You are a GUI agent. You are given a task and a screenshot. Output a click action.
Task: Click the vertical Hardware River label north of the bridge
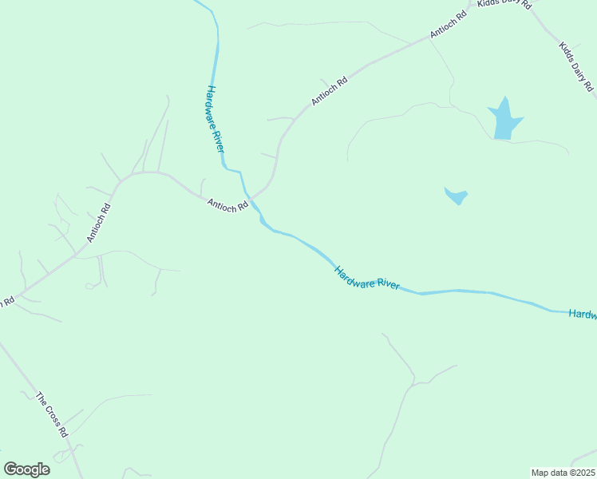tap(215, 120)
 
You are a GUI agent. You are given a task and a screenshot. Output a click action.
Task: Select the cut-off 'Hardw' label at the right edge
tap(583, 315)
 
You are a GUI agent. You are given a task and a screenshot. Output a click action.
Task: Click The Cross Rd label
tap(52, 414)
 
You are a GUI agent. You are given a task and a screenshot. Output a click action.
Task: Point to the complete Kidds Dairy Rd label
tap(577, 66)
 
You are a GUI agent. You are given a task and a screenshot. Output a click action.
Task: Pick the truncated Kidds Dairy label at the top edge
tap(505, 4)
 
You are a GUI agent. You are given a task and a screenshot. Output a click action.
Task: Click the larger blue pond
tap(504, 121)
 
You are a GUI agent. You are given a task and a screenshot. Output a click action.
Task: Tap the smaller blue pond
tap(456, 195)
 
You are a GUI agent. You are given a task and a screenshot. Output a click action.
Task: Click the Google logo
tap(26, 469)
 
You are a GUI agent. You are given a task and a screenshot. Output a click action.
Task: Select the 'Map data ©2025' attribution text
tap(563, 472)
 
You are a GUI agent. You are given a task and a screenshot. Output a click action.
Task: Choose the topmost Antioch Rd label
tap(448, 25)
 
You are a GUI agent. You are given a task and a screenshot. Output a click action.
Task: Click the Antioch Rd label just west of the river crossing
tap(227, 205)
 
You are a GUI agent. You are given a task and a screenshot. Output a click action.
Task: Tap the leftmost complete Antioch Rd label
tap(98, 223)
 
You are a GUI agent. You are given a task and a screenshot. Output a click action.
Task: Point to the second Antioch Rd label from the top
tap(330, 92)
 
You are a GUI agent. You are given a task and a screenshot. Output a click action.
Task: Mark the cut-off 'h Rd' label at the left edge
tap(8, 302)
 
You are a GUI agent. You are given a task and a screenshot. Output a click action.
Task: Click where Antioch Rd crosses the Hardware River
tap(251, 196)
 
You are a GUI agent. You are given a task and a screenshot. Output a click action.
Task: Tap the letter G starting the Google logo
tap(10, 469)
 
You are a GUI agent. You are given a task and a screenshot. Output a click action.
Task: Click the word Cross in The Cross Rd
tap(52, 414)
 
